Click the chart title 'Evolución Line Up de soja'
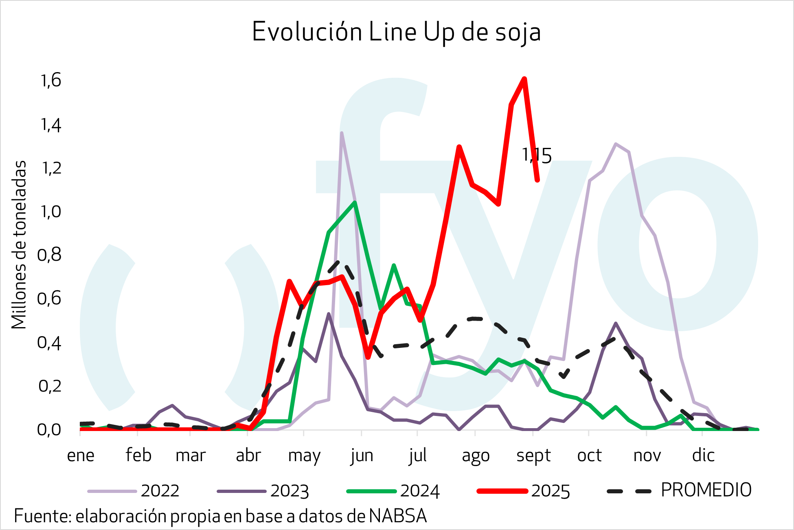[x=396, y=32]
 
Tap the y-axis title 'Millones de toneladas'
[x=19, y=244]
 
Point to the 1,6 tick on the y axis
[x=51, y=80]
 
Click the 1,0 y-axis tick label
[x=51, y=211]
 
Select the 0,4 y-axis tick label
[x=49, y=343]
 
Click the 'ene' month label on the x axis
[x=81, y=455]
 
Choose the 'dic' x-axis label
[x=703, y=455]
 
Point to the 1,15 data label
[x=537, y=156]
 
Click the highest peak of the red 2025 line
[x=524, y=79]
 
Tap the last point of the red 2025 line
[x=537, y=180]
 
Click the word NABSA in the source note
[x=398, y=516]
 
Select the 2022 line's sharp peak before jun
[x=341, y=133]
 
